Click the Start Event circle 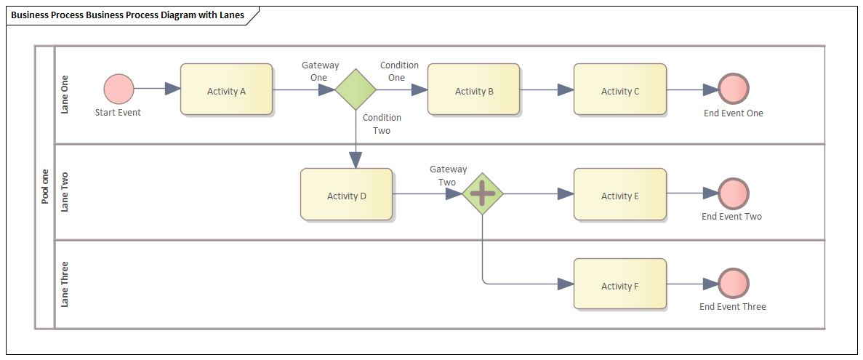pos(119,89)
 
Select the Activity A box pos(226,89)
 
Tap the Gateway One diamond pos(356,89)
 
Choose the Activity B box pos(473,89)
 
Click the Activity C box pos(619,89)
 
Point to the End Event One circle pos(734,89)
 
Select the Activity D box pos(346,194)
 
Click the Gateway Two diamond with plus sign pos(483,194)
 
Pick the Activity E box pos(619,194)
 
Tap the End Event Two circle pos(733,193)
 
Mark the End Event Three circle pos(733,284)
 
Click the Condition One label pos(399,71)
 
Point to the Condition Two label pos(382,124)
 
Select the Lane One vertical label pos(65,95)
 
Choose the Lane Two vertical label pos(65,192)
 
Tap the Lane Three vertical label pos(65,284)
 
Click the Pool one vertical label pos(45,186)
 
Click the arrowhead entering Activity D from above pos(356,160)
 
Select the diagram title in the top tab pos(128,15)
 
